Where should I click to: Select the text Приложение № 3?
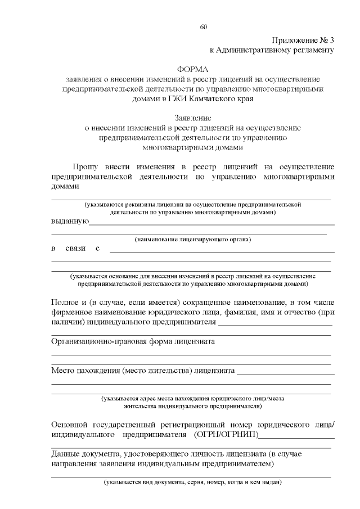click(x=303, y=40)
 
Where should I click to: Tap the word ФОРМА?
click(x=192, y=69)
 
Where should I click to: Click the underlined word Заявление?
click(x=192, y=119)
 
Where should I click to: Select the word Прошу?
click(x=85, y=167)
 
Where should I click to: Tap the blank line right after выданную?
click(x=211, y=223)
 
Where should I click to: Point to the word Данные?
click(x=65, y=454)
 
